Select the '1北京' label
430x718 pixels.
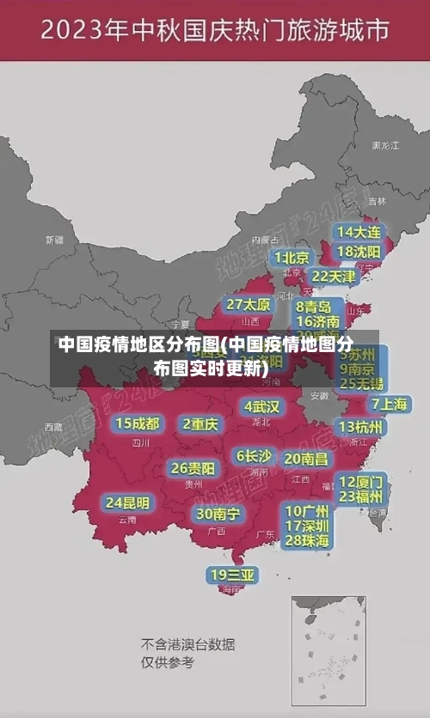tap(292, 257)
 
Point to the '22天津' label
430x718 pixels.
tap(334, 277)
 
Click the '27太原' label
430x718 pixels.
tap(249, 305)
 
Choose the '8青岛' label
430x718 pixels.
tap(314, 307)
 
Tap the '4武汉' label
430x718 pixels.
tap(261, 406)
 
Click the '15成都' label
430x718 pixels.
tap(138, 423)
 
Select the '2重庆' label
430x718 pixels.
tap(200, 424)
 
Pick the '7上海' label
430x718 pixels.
tap(390, 404)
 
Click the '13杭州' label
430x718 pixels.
tap(361, 427)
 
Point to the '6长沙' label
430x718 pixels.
tap(254, 456)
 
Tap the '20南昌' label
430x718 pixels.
tap(305, 459)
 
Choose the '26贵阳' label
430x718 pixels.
tap(193, 469)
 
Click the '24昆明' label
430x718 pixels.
tap(127, 502)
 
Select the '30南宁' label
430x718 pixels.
tap(218, 514)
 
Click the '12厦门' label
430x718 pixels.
tap(361, 481)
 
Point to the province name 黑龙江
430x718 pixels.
tap(385, 146)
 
